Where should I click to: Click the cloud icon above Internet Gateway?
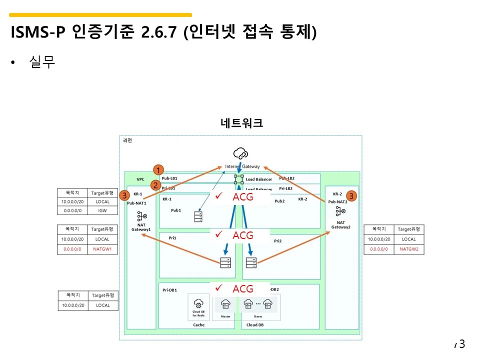(240, 153)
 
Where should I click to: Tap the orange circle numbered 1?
(158, 169)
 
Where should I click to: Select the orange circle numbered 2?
(156, 185)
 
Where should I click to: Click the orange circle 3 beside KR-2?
(351, 196)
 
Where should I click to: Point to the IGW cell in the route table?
(102, 210)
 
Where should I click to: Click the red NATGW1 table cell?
(102, 248)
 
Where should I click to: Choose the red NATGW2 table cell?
(408, 248)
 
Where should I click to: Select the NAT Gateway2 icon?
(340, 211)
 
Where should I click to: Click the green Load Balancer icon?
(239, 178)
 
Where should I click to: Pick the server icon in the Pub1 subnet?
(198, 216)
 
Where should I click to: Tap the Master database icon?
(225, 303)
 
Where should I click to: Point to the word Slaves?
(257, 316)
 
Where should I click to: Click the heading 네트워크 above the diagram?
(242, 123)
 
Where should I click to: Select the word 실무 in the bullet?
(42, 62)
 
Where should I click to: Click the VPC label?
(140, 179)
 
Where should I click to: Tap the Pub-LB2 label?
(286, 178)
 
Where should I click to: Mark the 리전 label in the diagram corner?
(127, 140)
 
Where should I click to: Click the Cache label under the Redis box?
(198, 325)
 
